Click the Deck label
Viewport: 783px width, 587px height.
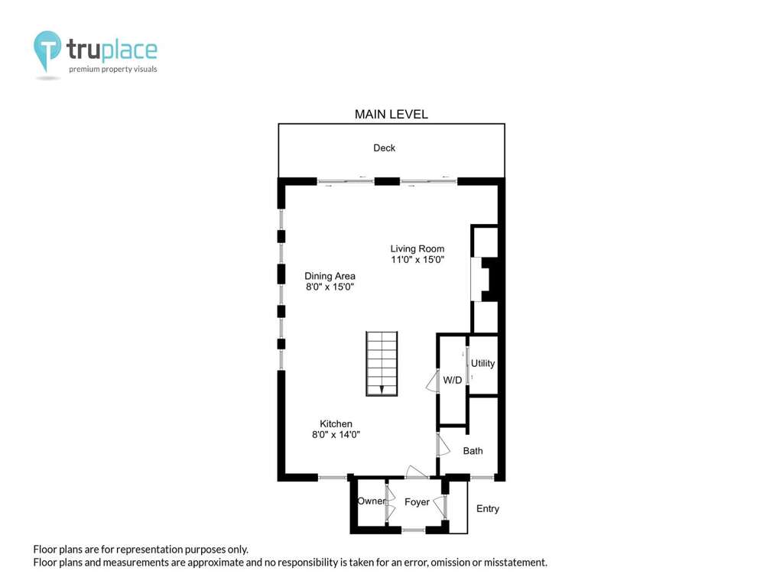(x=384, y=148)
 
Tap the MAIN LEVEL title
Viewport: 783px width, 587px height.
(x=391, y=115)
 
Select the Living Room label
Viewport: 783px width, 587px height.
(x=417, y=248)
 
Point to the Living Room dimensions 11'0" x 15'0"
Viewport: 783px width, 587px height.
(x=417, y=260)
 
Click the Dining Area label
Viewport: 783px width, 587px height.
(x=330, y=276)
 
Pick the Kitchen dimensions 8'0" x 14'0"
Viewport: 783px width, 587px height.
(x=336, y=435)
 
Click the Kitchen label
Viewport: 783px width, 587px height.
(x=336, y=423)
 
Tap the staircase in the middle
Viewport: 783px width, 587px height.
(x=382, y=363)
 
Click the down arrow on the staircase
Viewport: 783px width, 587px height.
(x=382, y=389)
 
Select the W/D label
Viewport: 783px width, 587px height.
(x=453, y=381)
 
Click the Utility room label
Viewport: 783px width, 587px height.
(x=482, y=363)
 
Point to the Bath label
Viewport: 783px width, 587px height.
(x=473, y=451)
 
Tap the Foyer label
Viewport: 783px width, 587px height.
(x=417, y=502)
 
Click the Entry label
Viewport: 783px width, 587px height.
(x=487, y=508)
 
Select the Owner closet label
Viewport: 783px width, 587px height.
(x=371, y=501)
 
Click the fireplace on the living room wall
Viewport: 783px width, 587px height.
(x=485, y=279)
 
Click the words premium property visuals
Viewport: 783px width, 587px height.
(x=113, y=70)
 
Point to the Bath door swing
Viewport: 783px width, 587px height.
(x=443, y=446)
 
